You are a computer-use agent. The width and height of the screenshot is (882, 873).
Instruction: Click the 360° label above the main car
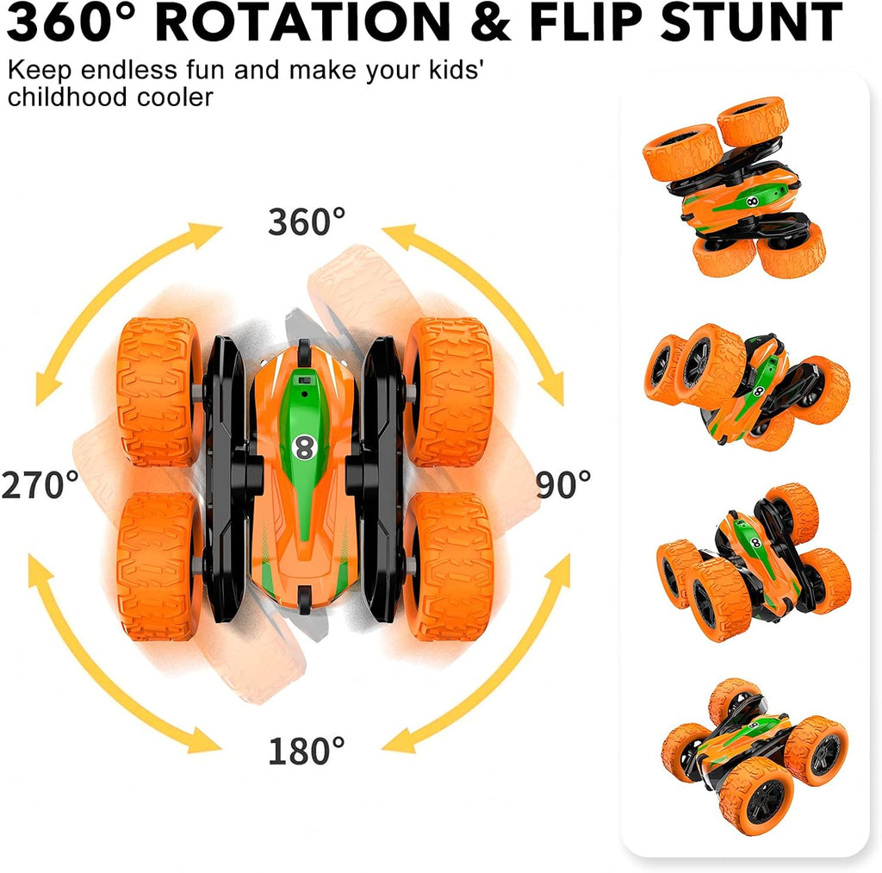(306, 222)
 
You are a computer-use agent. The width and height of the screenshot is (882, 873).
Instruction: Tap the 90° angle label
(564, 485)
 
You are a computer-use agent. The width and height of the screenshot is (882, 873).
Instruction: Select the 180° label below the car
(306, 751)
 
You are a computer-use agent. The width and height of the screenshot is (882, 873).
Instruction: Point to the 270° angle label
(40, 485)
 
